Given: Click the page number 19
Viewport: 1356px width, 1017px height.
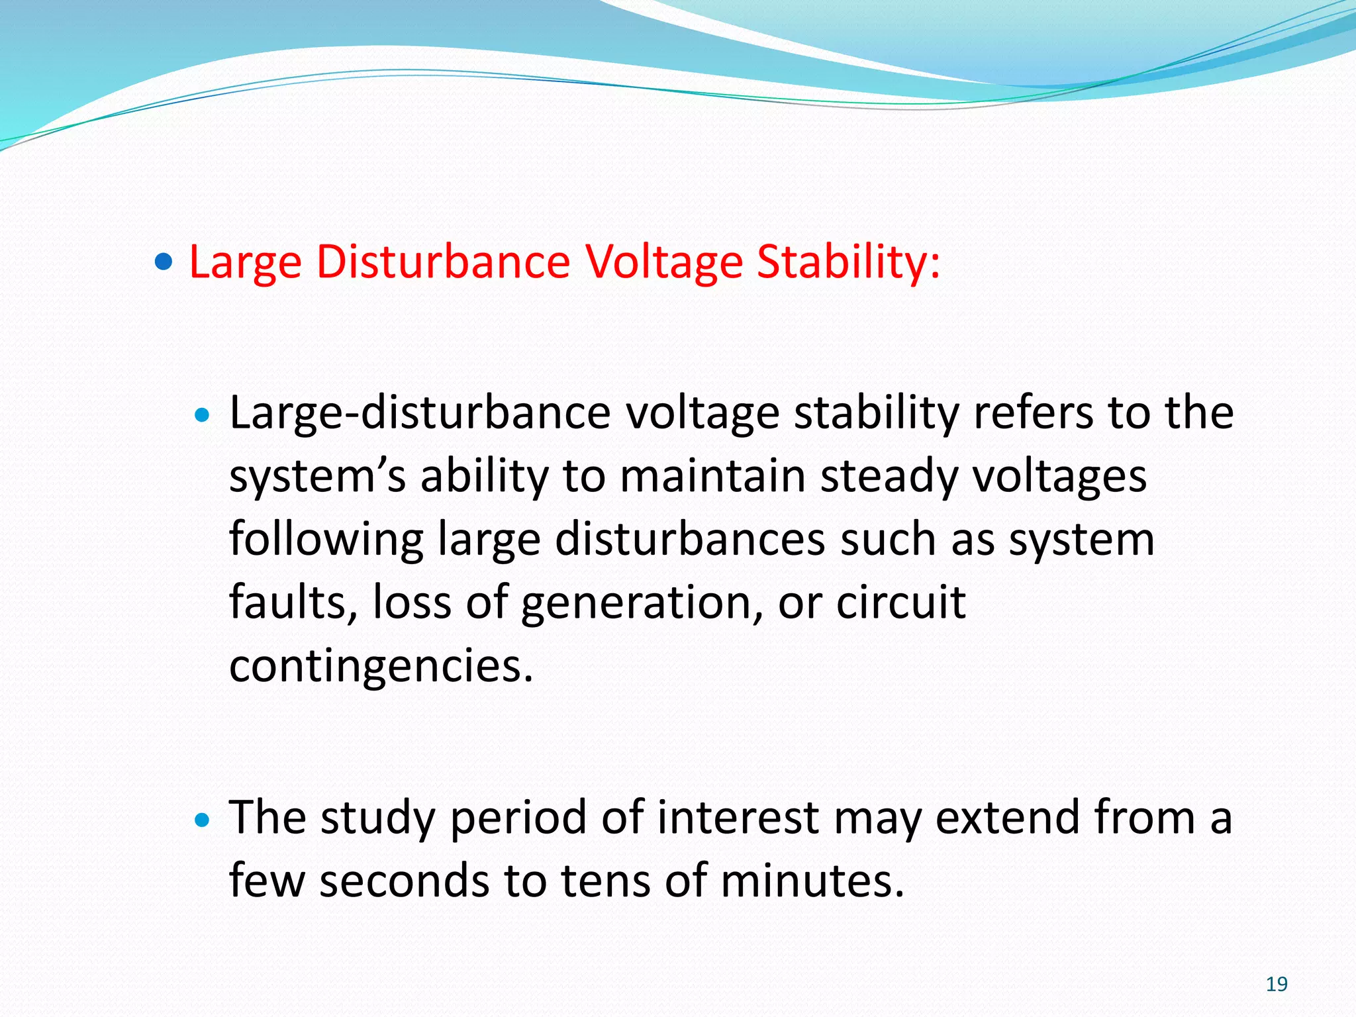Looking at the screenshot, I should point(1276,984).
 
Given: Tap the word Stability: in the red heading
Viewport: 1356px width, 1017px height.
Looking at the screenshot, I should point(847,262).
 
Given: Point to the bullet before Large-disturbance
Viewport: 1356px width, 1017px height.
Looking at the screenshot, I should point(203,416).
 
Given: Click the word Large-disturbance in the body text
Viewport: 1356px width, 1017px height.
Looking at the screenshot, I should point(419,414).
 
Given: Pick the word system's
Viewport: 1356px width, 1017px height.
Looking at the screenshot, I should point(316,477).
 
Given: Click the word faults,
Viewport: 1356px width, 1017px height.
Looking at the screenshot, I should point(293,603).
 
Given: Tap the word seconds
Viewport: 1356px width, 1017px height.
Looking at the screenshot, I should point(404,881).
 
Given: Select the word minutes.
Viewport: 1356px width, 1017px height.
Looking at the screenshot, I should point(812,881).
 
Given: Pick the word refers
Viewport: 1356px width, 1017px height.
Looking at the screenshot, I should point(1032,414).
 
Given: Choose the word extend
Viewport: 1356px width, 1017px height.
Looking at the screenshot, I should point(1007,818).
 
